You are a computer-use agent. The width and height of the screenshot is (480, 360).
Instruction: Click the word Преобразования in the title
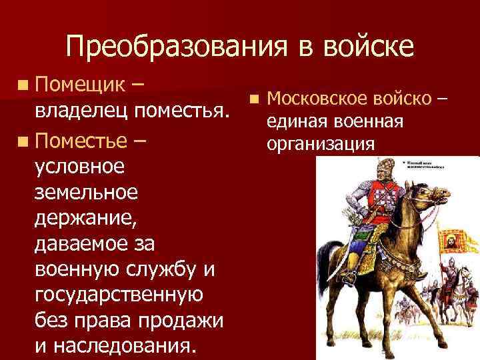point(173,48)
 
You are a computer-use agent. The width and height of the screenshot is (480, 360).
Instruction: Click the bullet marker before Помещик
point(24,86)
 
